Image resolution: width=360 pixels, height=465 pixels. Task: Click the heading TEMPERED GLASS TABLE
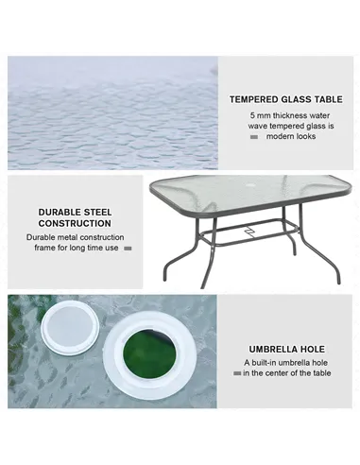pos(286,98)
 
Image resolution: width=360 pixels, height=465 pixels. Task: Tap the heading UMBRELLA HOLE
pos(286,349)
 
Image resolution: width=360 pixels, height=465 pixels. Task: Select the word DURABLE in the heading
pos(59,213)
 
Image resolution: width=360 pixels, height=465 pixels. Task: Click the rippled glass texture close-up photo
pos(111,113)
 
